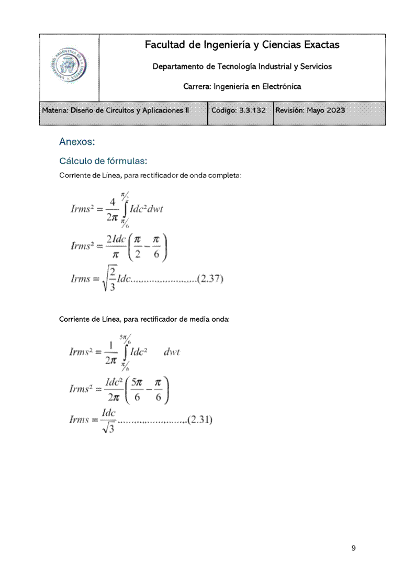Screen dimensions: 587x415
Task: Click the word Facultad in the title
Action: click(x=165, y=45)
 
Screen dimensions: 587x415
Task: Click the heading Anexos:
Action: click(x=77, y=142)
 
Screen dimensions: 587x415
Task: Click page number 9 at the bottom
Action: click(x=354, y=548)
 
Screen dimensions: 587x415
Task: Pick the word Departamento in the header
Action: click(x=178, y=66)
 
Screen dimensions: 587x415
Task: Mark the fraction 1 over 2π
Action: click(x=111, y=352)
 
